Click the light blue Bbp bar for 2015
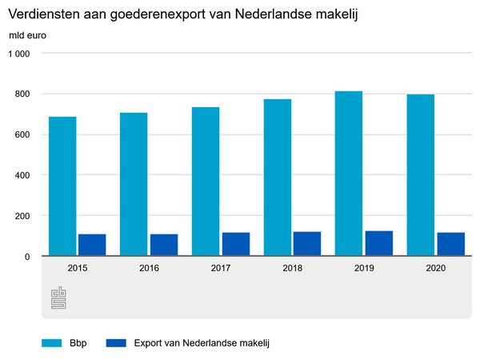click(62, 186)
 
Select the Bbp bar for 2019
click(349, 174)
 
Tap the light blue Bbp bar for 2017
click(206, 182)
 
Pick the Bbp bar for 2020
click(420, 175)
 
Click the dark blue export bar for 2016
click(163, 245)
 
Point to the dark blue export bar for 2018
click(307, 244)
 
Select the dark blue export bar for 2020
click(450, 244)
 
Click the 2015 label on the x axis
click(78, 268)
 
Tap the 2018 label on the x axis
click(293, 268)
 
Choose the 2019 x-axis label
click(364, 268)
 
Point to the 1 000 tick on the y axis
click(18, 54)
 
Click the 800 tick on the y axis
click(22, 94)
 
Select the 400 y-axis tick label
click(22, 175)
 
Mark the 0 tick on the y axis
click(26, 256)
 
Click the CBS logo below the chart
click(58, 297)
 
